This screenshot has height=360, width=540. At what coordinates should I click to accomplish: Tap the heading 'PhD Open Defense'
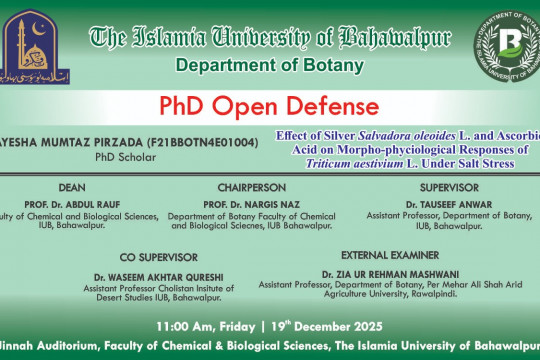pos(270,106)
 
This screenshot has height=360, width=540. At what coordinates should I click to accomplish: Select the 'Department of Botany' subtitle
pos(270,66)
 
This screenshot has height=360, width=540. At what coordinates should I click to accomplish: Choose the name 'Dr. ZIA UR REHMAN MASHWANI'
pos(383,273)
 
